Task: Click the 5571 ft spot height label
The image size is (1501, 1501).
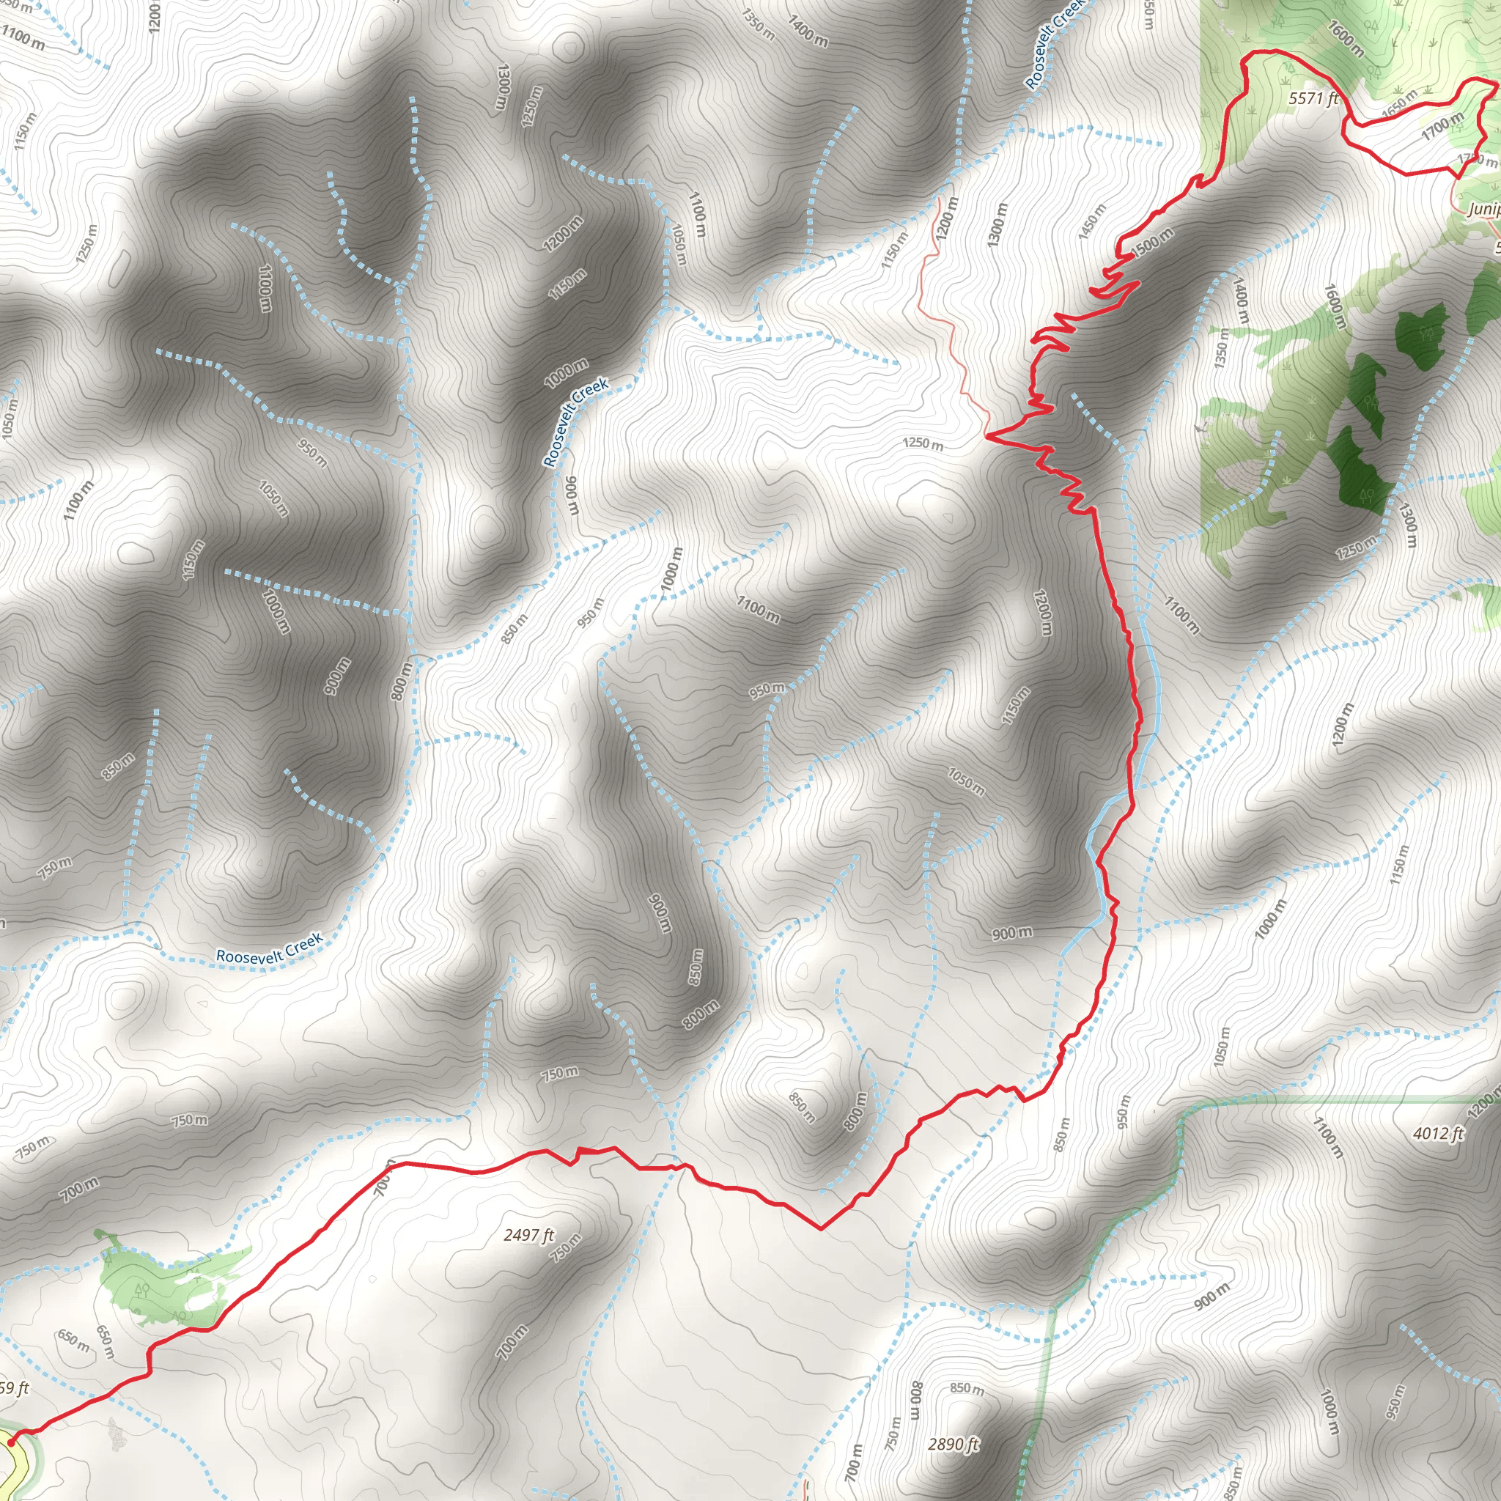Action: pos(1313,99)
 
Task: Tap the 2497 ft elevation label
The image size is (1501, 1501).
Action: pos(528,1234)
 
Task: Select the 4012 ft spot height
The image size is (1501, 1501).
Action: pos(1437,1134)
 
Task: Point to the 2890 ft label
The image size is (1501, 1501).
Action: pos(954,1445)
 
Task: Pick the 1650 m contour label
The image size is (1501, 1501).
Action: pos(1398,105)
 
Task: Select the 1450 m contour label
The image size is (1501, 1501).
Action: pos(1092,221)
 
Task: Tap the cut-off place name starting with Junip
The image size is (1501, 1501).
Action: pos(1483,209)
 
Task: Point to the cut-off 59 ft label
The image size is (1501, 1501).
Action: pos(14,1387)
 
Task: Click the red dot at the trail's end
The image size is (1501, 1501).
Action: pos(10,1442)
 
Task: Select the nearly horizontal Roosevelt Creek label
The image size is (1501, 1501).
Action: pos(269,949)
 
